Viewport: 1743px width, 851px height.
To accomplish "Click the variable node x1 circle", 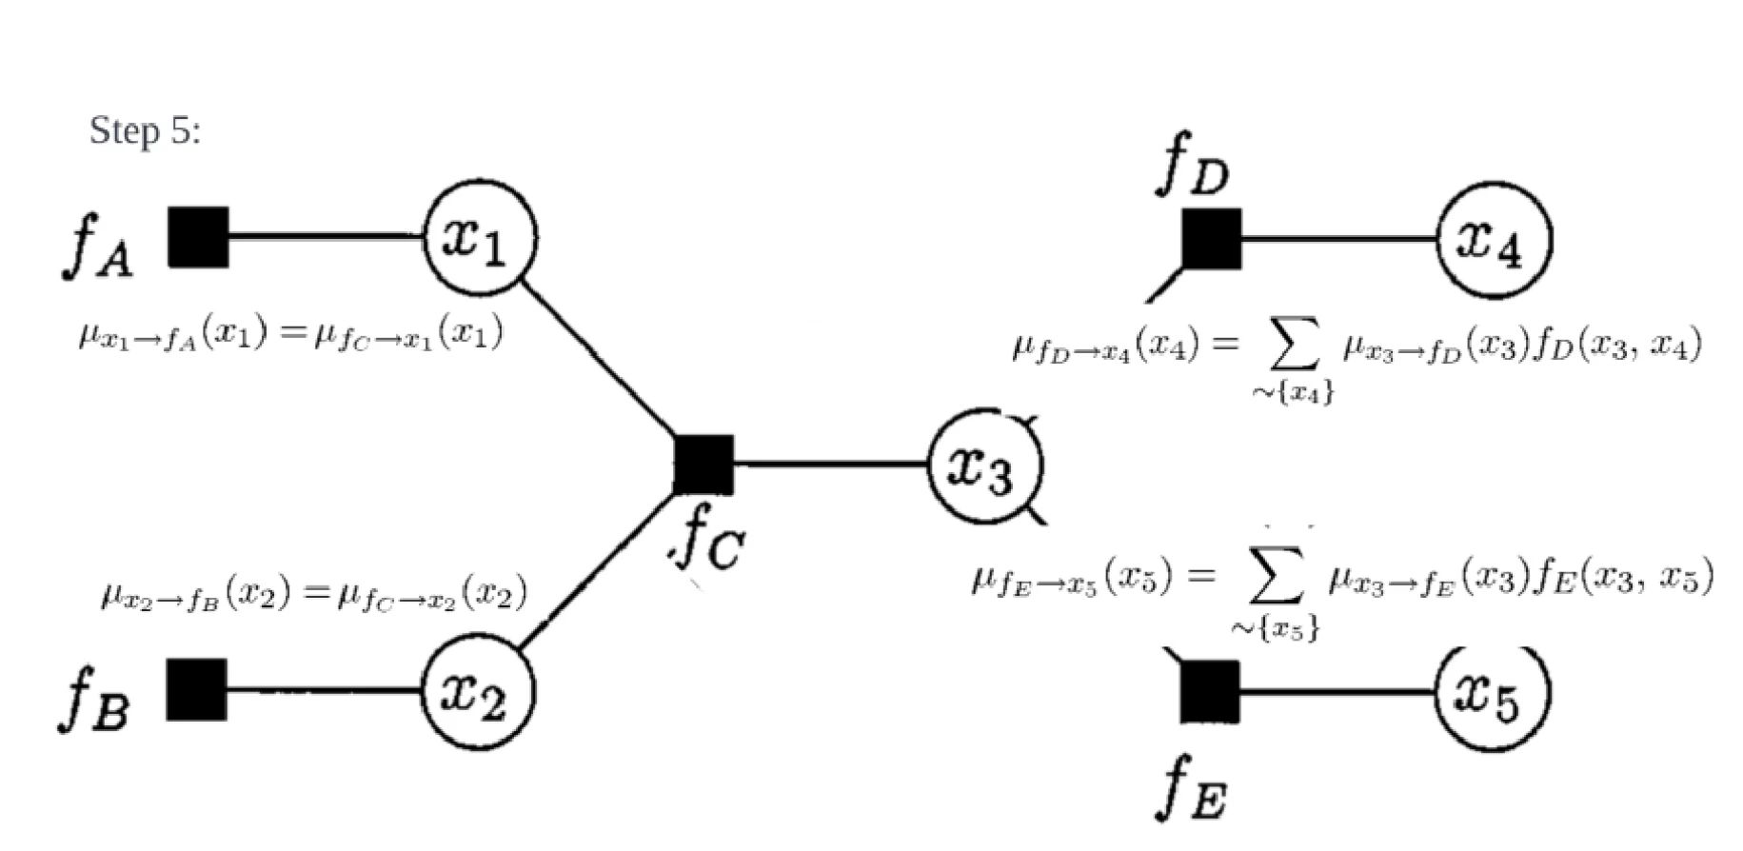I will [480, 237].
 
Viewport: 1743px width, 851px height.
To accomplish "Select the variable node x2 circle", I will [478, 692].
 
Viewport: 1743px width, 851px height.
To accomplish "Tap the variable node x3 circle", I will [984, 466].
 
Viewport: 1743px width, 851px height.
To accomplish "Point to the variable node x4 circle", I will [1493, 240].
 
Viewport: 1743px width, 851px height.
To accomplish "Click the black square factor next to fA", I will [198, 237].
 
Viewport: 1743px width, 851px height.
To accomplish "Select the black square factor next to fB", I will [196, 689].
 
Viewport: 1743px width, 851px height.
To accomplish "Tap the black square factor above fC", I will [704, 465].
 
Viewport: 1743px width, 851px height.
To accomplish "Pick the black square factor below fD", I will [1212, 239].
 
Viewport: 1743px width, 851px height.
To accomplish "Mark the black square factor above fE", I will [1210, 692].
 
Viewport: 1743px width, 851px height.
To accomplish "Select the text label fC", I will [709, 544].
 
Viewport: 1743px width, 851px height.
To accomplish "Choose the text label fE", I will [1191, 789].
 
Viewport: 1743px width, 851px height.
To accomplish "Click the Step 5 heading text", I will [145, 130].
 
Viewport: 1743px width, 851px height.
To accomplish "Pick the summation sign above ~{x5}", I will [1275, 578].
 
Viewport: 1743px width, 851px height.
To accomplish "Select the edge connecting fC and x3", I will [830, 465].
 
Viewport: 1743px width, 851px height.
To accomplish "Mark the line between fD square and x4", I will [1337, 239].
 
